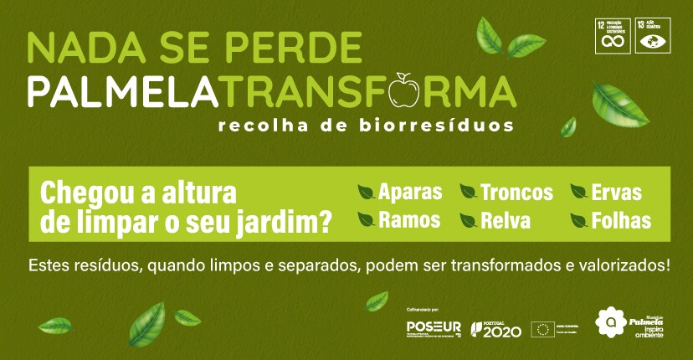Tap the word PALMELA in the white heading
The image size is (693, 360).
click(x=123, y=91)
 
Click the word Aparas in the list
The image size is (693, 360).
click(x=410, y=192)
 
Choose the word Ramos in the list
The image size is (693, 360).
click(x=409, y=220)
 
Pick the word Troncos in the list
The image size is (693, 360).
click(x=516, y=192)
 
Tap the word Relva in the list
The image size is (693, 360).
click(x=506, y=220)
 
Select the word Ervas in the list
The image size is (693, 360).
click(x=616, y=192)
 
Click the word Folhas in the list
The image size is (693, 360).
click(x=621, y=220)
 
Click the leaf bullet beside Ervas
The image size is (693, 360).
click(x=578, y=193)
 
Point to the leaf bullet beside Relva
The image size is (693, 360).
click(x=469, y=220)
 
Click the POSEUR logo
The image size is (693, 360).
click(x=434, y=327)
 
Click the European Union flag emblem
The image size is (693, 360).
click(x=541, y=328)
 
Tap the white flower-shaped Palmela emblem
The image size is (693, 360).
click(x=611, y=321)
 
